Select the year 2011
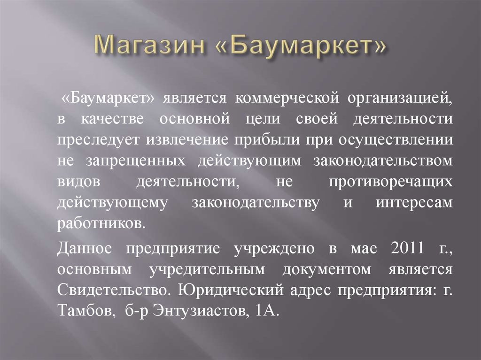tap(406, 249)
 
